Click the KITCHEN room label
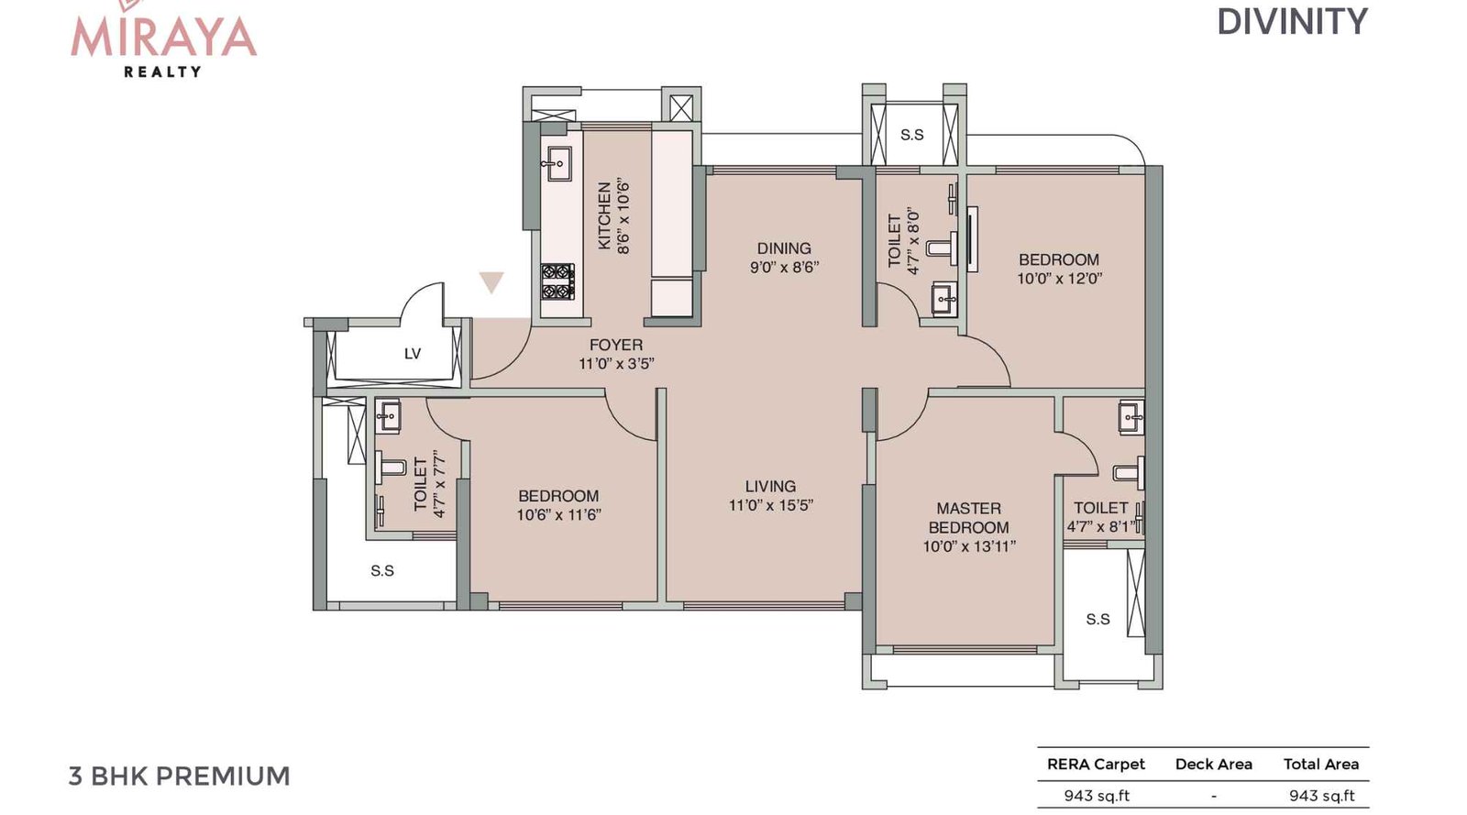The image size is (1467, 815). (603, 215)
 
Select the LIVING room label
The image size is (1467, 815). (770, 487)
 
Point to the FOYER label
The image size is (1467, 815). (616, 346)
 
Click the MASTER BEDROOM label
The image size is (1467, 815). (969, 518)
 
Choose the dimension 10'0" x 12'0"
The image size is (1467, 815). (1059, 279)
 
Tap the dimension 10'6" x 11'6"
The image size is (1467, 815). (558, 515)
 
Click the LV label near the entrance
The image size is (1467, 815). (413, 354)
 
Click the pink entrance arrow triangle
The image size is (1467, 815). (491, 282)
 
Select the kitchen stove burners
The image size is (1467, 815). (557, 282)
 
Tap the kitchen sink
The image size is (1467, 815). (556, 165)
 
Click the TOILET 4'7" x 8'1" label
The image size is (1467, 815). (1101, 517)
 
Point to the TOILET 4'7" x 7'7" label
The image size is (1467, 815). (429, 484)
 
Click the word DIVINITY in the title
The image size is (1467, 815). (1292, 22)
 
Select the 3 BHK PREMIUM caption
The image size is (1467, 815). (180, 776)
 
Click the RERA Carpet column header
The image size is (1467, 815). (1096, 765)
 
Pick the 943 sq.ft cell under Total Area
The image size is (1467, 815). (1321, 796)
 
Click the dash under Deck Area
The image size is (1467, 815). (1213, 796)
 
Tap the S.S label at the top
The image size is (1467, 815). (911, 135)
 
